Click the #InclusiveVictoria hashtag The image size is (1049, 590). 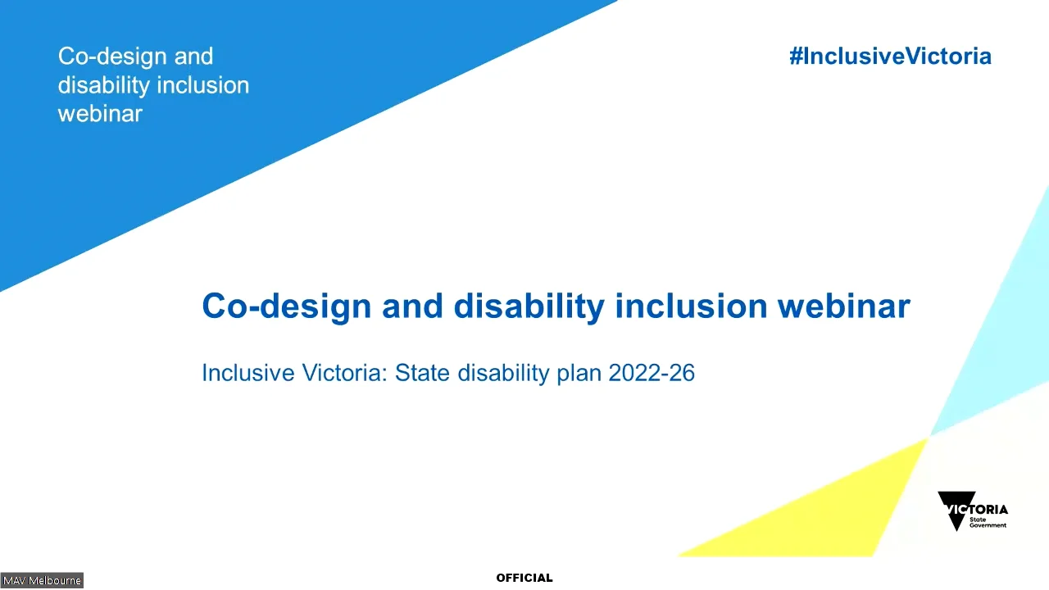[x=890, y=57]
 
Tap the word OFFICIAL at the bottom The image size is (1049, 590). [x=524, y=578]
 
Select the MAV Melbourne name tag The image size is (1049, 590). [x=42, y=581]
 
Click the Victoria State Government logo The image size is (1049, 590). [x=973, y=511]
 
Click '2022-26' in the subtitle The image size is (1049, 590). [x=652, y=373]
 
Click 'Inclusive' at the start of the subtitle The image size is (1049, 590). [x=248, y=373]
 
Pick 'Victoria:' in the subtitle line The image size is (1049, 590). [x=345, y=373]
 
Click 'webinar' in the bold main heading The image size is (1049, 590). [x=844, y=306]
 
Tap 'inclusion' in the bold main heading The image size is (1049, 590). [x=691, y=306]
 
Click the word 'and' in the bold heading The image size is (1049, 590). [x=412, y=306]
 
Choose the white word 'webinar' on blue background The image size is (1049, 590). [x=100, y=114]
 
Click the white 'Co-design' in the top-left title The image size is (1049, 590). [x=112, y=57]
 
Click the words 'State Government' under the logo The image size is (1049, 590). [x=988, y=523]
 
